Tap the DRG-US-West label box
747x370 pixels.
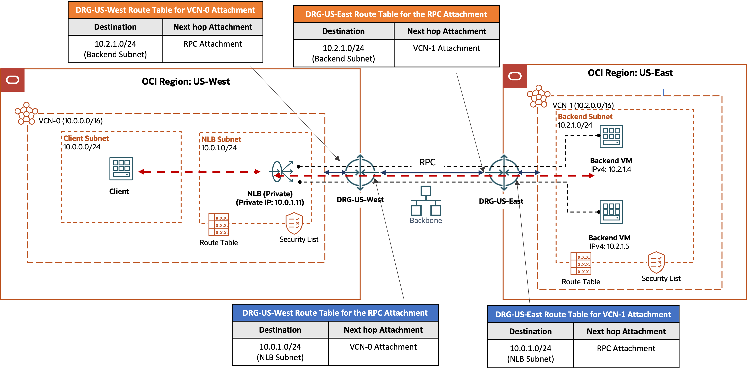pos(360,200)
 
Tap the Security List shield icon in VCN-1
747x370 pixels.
pos(656,262)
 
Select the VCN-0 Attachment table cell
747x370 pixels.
pos(383,347)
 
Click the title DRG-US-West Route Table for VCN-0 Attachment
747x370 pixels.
pos(165,10)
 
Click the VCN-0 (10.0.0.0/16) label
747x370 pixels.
pos(71,121)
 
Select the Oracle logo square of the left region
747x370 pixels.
pos(13,80)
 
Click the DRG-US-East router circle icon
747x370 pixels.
pos(504,172)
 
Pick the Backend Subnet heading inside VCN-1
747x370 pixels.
pos(585,117)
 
